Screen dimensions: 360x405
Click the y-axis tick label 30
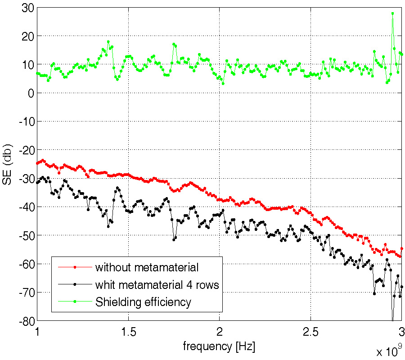[23, 7]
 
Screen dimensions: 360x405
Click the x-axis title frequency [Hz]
[219, 347]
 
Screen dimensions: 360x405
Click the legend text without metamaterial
[147, 268]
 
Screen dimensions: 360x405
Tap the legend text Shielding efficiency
[143, 302]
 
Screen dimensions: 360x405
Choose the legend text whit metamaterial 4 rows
[157, 285]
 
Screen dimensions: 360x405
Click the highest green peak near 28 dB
[392, 13]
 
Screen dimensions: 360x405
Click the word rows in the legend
[207, 285]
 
